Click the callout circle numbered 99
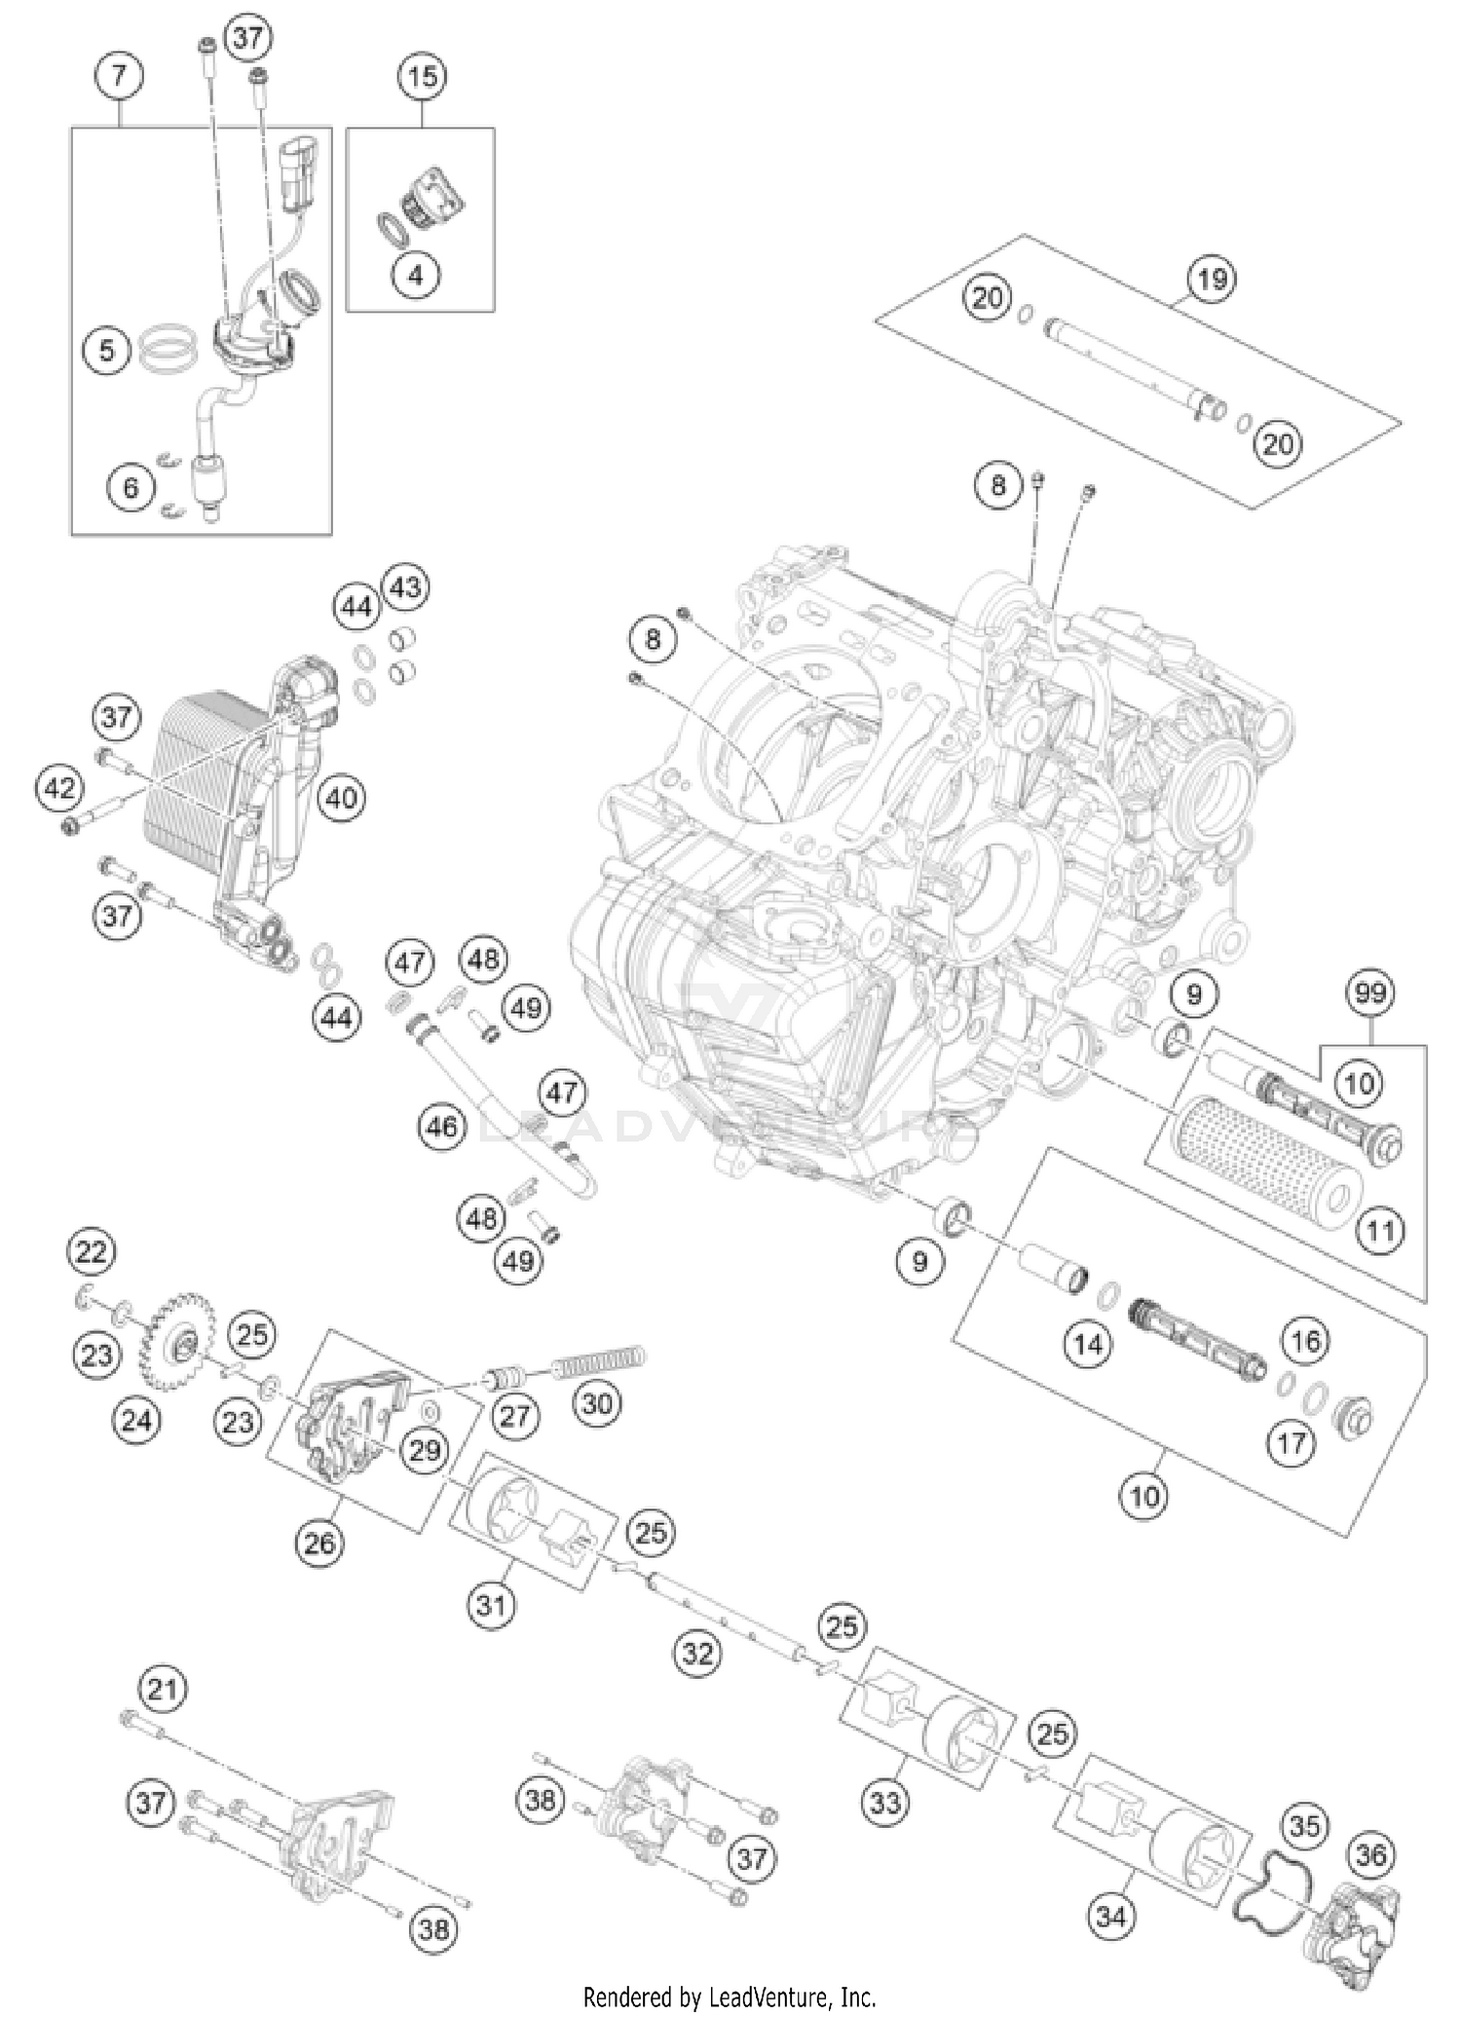point(1369,994)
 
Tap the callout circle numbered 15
point(422,76)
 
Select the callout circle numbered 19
point(1211,280)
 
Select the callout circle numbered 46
point(441,1127)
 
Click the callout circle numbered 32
point(698,1653)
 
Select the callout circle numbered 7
point(119,76)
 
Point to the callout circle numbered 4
point(416,275)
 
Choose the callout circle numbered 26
point(319,1542)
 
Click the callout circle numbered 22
point(91,1251)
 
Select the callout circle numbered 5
point(107,350)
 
